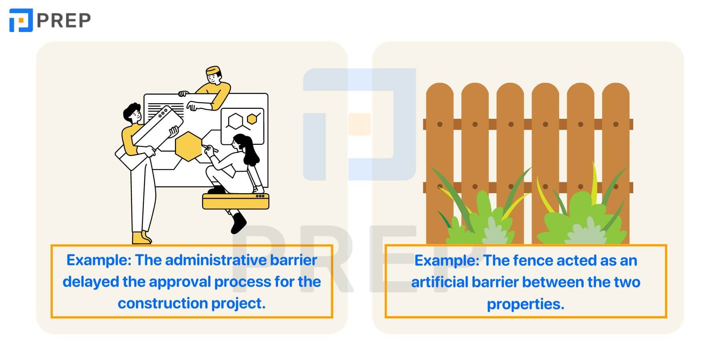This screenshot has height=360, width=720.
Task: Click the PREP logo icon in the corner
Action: tap(21, 20)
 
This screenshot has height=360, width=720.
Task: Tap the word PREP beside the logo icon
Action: tap(64, 20)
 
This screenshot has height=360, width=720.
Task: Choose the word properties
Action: tap(526, 304)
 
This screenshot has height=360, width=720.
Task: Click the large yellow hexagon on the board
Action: tap(189, 146)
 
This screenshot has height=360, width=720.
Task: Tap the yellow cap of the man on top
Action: tap(213, 70)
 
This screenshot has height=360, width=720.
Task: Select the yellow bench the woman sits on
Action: tap(236, 201)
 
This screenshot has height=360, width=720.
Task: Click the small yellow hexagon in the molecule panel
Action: tap(252, 119)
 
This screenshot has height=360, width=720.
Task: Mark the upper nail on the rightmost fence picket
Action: tap(616, 124)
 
